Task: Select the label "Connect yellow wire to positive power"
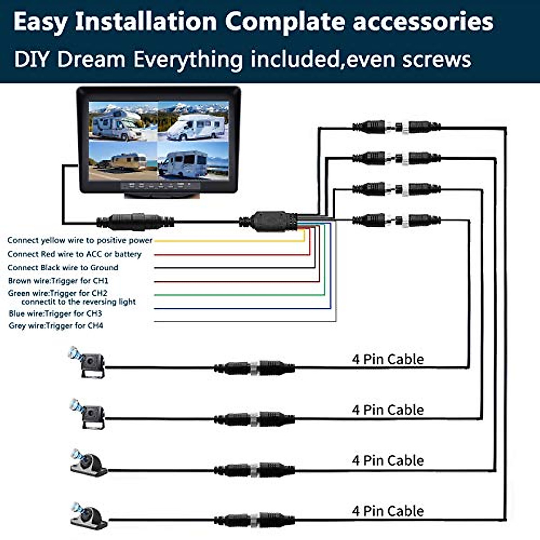click(x=80, y=240)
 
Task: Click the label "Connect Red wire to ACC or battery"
click(x=74, y=254)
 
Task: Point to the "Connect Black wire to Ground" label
click(x=63, y=267)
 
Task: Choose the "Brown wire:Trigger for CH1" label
click(x=58, y=281)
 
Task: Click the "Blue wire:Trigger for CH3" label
click(x=55, y=313)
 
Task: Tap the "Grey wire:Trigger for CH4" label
click(x=56, y=325)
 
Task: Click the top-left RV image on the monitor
click(x=122, y=121)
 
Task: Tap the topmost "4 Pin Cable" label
click(x=387, y=359)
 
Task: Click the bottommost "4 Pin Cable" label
click(x=387, y=511)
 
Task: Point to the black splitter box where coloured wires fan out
click(x=269, y=221)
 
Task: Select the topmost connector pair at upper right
click(x=396, y=127)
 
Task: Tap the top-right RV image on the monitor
click(x=193, y=121)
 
